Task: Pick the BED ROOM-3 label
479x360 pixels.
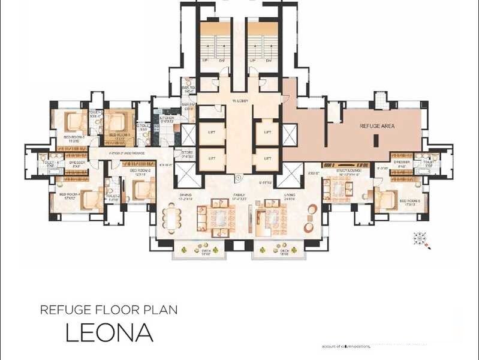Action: coord(76,139)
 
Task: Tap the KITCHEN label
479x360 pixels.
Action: coord(167,118)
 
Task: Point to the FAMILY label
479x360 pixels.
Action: coord(239,195)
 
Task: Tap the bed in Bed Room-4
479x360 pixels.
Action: coord(89,200)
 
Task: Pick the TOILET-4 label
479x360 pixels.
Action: coord(47,162)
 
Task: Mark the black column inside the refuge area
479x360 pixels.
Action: coord(375,141)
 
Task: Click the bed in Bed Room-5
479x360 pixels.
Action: coord(386,197)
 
